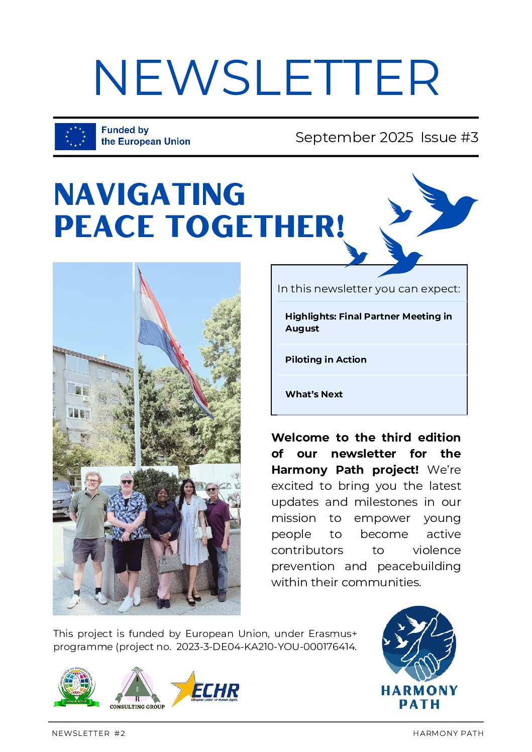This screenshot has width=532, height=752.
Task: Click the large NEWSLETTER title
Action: pos(266,78)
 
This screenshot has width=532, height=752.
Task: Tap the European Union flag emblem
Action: pos(75,136)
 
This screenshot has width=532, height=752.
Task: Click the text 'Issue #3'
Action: pos(449,137)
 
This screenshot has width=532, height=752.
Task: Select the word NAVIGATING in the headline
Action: pos(149,194)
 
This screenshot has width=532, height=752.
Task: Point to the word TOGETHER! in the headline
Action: pos(256,226)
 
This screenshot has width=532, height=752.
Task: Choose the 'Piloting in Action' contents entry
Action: pos(326,360)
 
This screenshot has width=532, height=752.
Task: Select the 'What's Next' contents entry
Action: pos(314,394)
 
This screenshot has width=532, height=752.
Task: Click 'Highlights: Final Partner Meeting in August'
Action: pos(368,322)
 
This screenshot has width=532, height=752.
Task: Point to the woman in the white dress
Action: pos(192,538)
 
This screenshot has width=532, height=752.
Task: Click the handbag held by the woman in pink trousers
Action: pos(170,562)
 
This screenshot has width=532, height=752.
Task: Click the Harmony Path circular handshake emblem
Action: pos(419,643)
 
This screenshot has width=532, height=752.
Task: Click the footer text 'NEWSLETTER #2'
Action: pos(88,733)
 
